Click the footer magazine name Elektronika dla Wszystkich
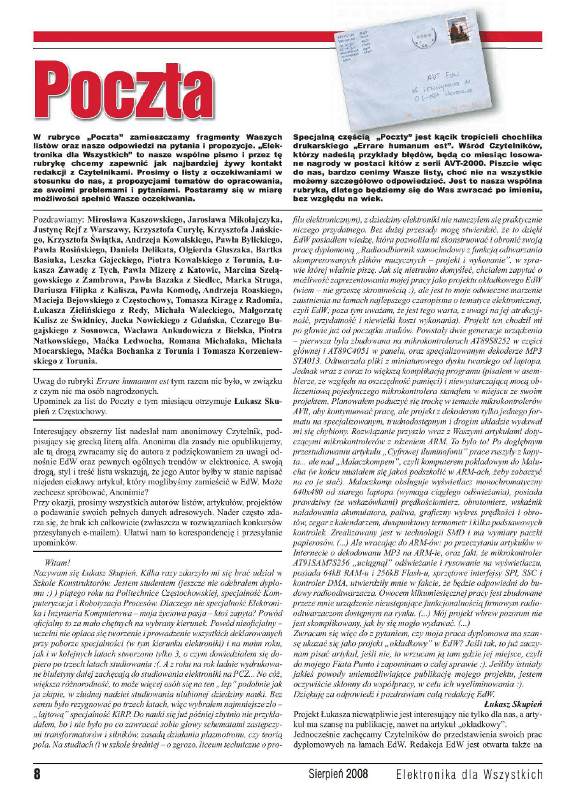(469, 774)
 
